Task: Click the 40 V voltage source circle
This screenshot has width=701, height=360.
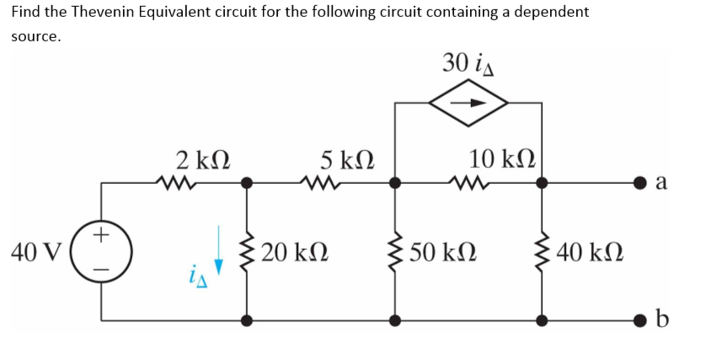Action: click(102, 250)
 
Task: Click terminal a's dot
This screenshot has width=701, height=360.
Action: click(642, 181)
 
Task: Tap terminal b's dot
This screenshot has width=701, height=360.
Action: click(642, 320)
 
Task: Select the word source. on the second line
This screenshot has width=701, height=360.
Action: click(35, 37)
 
